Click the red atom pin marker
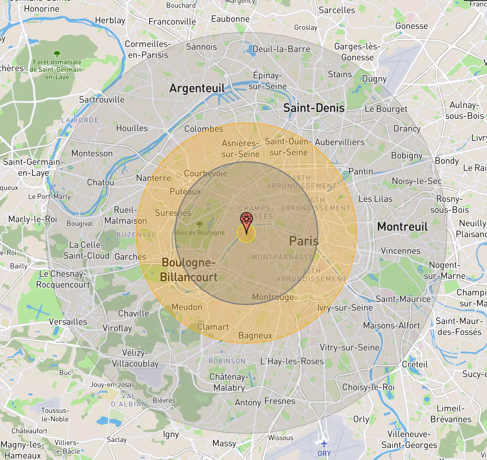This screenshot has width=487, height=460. pos(247,220)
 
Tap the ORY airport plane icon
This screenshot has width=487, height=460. pos(324,443)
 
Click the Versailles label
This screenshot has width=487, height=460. pos(68,322)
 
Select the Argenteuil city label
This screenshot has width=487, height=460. pos(197,88)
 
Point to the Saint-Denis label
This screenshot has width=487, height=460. pos(314,108)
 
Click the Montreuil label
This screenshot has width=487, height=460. pos(402,227)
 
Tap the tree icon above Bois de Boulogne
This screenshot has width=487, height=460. pos(200,224)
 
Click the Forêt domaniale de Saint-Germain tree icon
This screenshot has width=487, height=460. pos(57,53)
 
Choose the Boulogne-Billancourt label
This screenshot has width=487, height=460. pos(188,270)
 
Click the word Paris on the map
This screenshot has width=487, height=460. pos(304,241)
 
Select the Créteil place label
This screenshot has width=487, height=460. pos(415,365)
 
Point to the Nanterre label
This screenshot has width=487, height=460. pos(154,178)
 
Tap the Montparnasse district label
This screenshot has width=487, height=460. pos(282,257)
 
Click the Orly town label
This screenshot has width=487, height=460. pos(361,419)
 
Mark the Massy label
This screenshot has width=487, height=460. pos(224,443)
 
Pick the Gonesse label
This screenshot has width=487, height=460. pos(412,26)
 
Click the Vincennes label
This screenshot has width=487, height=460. pos(401,251)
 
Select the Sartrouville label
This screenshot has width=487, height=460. pos(102,100)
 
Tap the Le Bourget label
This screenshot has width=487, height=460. pos(386,109)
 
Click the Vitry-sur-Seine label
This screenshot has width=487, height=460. pos(350,348)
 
